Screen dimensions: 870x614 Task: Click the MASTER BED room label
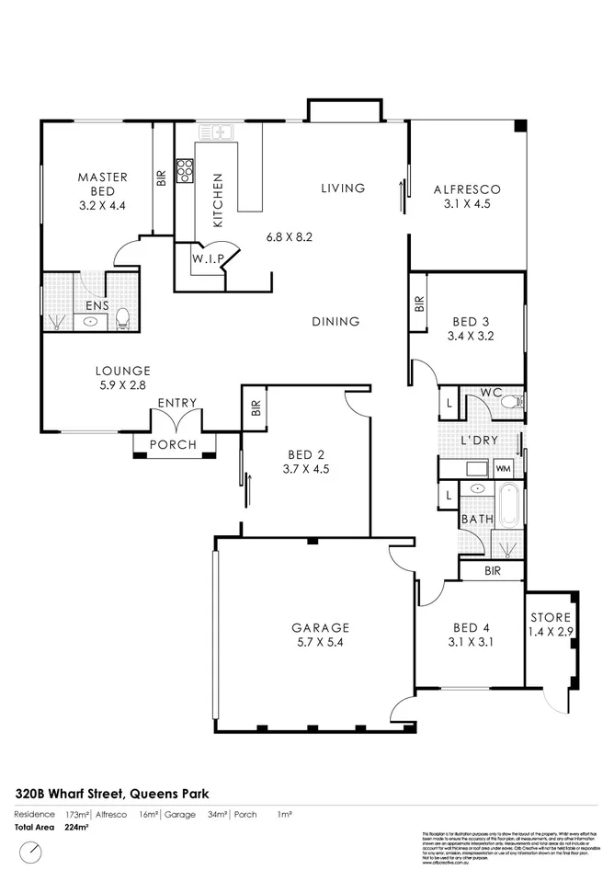[102, 177]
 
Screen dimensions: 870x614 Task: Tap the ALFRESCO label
[468, 190]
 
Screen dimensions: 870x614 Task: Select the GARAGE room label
[320, 628]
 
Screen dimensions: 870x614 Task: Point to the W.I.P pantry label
[208, 259]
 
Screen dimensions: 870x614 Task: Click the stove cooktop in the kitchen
[185, 171]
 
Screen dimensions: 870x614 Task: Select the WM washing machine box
[503, 469]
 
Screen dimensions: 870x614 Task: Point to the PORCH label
[173, 445]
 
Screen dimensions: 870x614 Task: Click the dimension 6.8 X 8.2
[290, 236]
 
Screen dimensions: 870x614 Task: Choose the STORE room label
[550, 617]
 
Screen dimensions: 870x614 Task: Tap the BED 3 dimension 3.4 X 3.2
[471, 337]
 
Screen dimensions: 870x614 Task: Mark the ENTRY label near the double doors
[176, 403]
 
